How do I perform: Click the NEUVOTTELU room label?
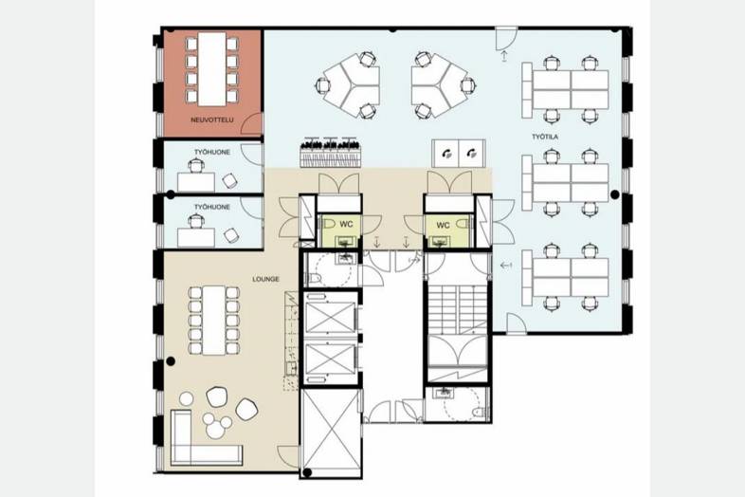tap(212, 120)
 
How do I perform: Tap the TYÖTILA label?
tap(545, 137)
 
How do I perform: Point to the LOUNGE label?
tap(265, 279)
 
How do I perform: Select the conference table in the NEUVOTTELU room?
tap(212, 69)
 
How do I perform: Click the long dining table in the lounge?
tap(214, 320)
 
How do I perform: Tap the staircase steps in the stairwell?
tap(457, 309)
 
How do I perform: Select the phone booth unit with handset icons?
tap(459, 153)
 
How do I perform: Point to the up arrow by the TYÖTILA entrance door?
tap(504, 56)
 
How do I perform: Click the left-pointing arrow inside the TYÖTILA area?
tap(505, 266)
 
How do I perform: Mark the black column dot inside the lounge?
tap(171, 361)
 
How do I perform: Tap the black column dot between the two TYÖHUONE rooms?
tap(171, 194)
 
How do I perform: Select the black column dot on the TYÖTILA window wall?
tap(615, 194)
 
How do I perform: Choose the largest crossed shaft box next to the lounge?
tap(331, 433)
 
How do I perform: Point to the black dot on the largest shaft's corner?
tap(307, 472)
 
